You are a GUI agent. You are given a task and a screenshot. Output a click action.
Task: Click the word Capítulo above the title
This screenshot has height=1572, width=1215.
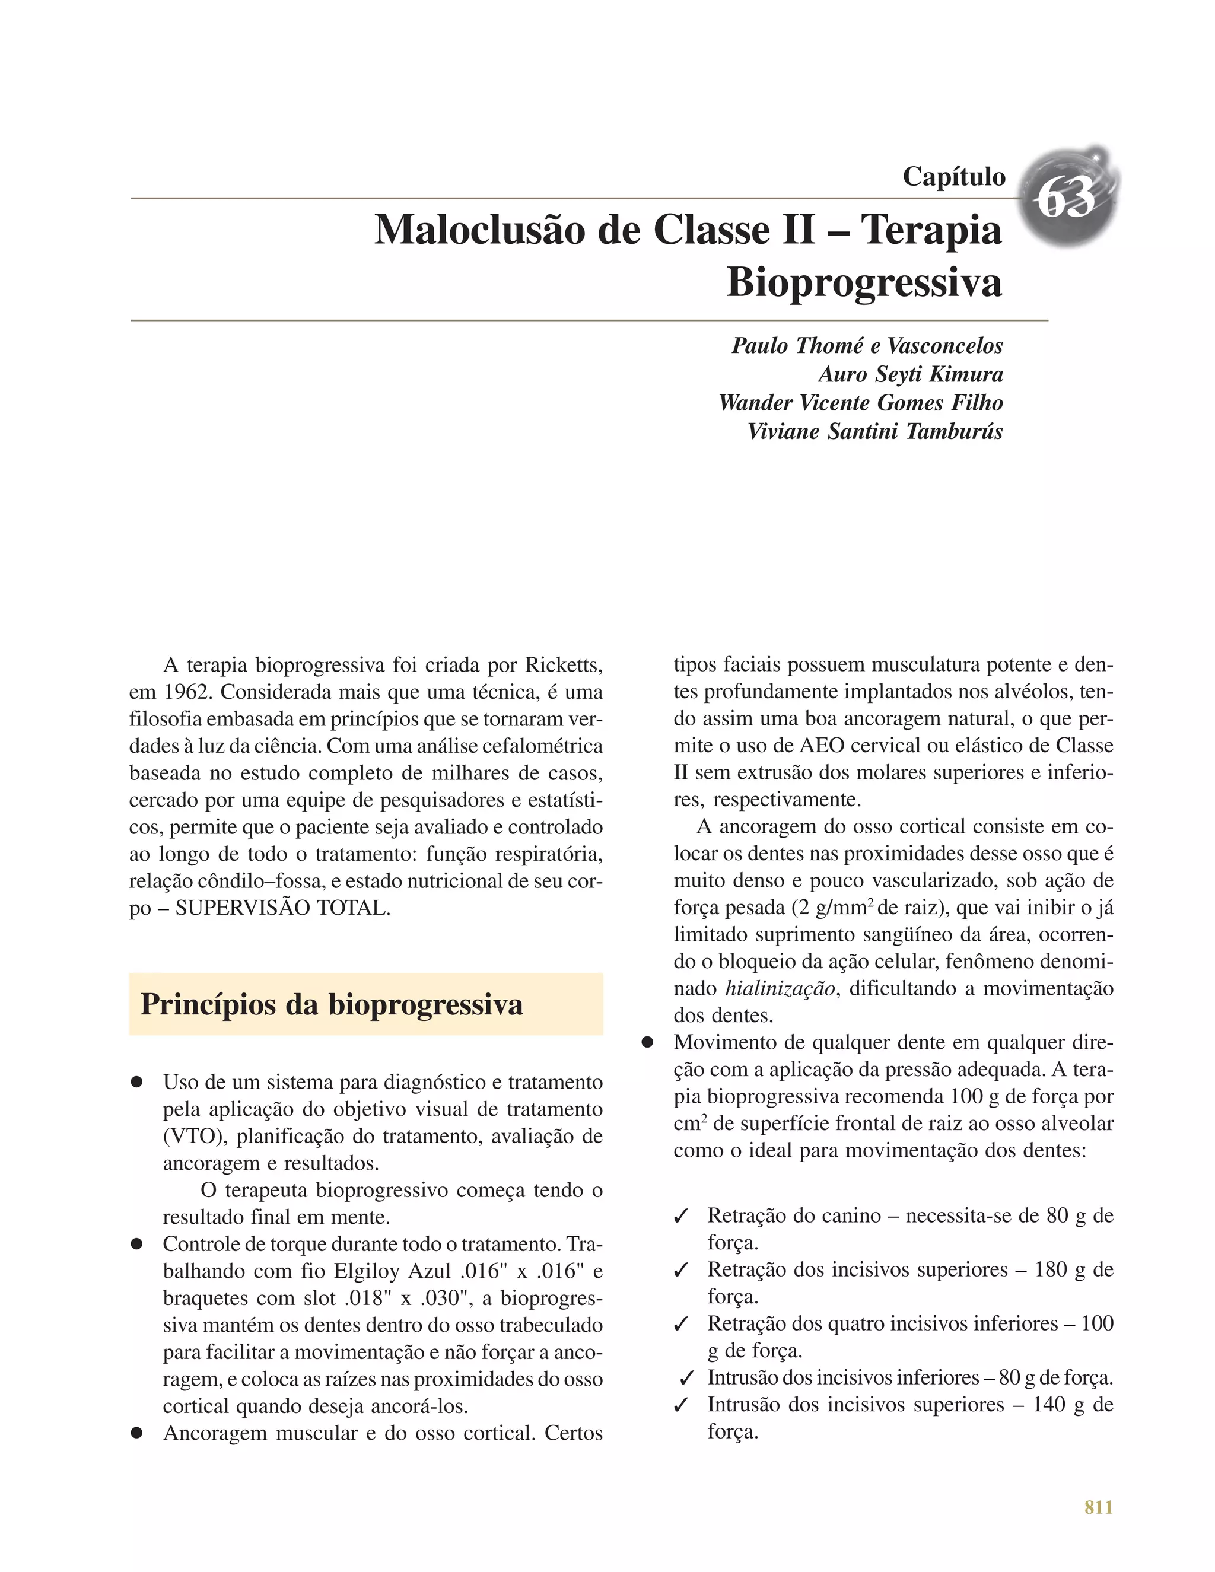954,176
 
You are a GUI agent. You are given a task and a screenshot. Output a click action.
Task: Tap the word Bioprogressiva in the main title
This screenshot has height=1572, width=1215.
864,282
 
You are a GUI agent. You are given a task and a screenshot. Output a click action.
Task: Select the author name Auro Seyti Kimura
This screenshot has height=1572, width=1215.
910,374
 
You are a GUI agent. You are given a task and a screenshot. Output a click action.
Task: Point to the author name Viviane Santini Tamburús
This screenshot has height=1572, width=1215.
874,431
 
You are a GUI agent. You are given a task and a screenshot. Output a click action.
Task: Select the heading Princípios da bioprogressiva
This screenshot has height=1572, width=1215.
331,1004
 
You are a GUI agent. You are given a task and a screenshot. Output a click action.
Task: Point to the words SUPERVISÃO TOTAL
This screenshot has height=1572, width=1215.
282,908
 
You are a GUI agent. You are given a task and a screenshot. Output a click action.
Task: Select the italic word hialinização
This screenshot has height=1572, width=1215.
780,988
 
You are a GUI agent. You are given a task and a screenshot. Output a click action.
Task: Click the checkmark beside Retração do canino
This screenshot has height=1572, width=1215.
680,1217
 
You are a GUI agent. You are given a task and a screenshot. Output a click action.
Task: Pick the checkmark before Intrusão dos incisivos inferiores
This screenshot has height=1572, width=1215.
686,1379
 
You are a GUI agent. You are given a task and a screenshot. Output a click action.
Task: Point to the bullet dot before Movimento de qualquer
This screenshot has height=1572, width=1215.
647,1042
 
